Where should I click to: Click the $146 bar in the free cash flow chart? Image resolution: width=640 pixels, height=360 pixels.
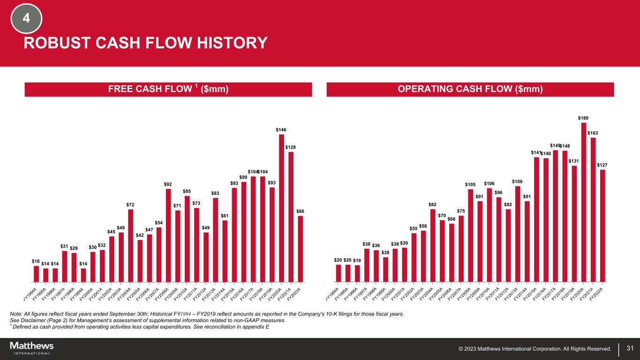281,208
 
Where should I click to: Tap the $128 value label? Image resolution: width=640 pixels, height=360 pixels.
291,147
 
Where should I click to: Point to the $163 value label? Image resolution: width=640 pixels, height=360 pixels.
593,133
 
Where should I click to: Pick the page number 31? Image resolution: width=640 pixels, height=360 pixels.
630,348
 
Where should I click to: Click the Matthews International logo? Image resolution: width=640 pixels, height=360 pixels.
32,348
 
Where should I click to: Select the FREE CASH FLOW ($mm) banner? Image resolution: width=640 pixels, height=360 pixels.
168,90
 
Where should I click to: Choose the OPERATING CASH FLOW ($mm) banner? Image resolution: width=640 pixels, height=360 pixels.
470,90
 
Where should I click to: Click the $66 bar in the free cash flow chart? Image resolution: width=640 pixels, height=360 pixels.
300,249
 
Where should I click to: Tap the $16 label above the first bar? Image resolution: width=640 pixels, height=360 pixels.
36,261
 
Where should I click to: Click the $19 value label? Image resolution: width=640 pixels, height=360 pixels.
357,260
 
